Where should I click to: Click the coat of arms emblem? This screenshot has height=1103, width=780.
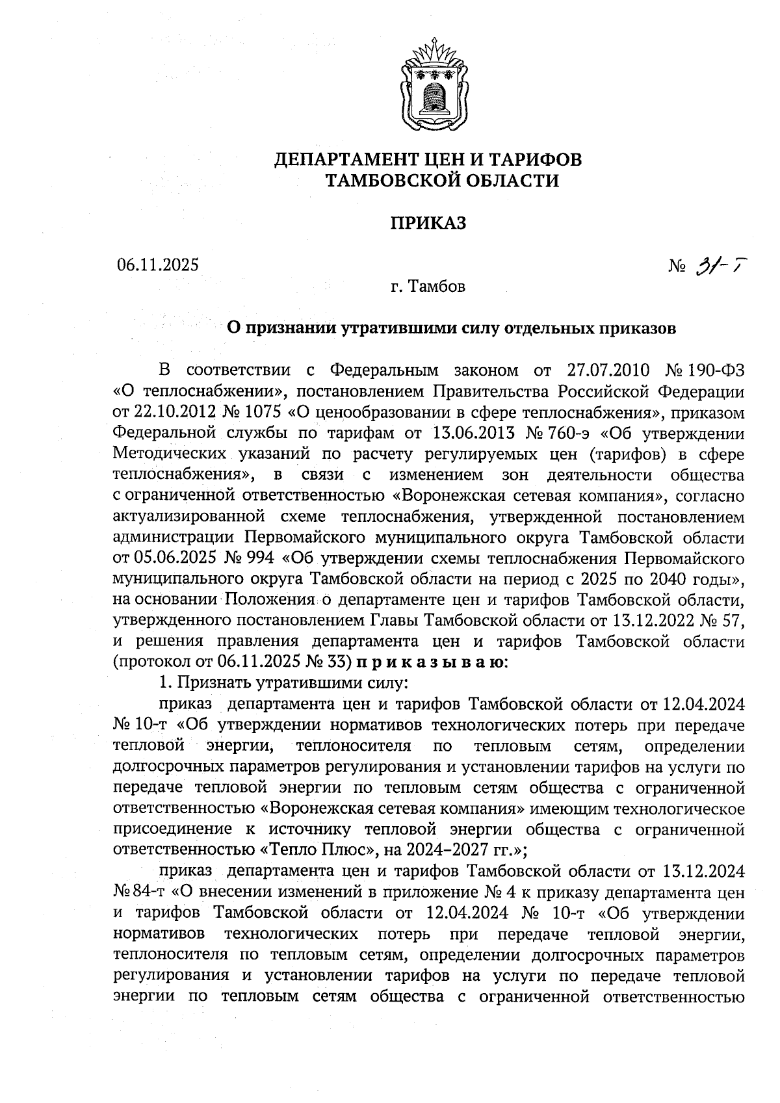(429, 85)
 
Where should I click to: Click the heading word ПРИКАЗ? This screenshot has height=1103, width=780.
(428, 223)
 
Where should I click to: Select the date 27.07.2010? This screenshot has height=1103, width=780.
(608, 371)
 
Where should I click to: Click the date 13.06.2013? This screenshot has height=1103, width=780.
(473, 434)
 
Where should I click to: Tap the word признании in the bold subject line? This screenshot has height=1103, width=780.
(287, 328)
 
